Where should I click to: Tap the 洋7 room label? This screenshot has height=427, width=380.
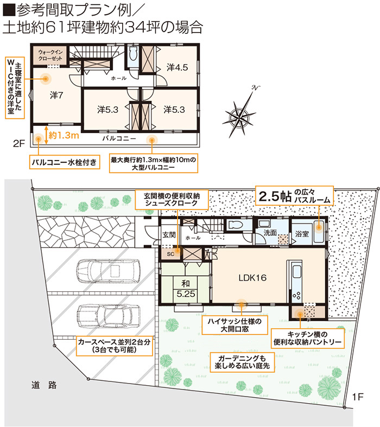click(56, 95)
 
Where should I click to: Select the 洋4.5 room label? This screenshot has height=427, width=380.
click(177, 67)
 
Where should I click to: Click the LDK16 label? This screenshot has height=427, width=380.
click(252, 278)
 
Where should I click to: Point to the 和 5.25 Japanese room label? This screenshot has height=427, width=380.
click(186, 289)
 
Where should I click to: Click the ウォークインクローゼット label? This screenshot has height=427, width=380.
click(50, 55)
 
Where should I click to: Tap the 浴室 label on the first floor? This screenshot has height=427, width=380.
click(302, 234)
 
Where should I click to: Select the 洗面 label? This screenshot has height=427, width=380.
click(270, 233)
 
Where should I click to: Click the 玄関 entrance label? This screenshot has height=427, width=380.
click(169, 234)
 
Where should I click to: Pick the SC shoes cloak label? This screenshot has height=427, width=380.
click(170, 254)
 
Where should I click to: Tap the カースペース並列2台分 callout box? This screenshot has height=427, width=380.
click(114, 346)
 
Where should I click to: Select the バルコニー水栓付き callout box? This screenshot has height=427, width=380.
click(65, 162)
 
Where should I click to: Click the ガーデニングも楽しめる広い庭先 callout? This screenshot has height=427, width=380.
click(242, 362)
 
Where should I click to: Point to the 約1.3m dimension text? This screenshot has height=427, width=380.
click(64, 135)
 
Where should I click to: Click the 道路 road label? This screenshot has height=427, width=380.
click(44, 385)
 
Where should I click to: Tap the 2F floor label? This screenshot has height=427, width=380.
click(19, 143)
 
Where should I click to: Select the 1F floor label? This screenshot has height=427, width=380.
click(357, 397)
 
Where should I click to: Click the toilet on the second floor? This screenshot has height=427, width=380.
click(133, 54)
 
